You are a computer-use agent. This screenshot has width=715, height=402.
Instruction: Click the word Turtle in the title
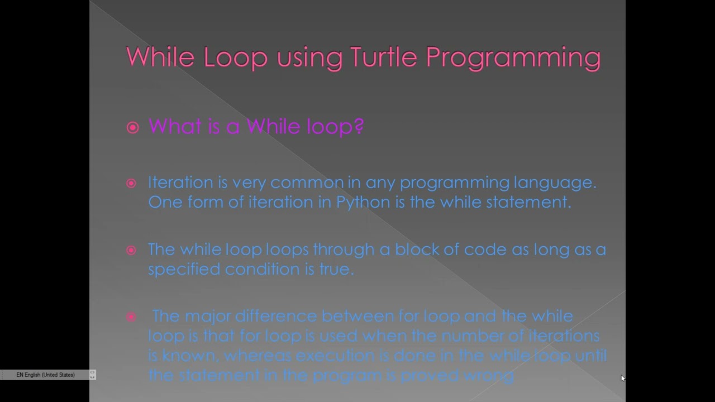click(384, 58)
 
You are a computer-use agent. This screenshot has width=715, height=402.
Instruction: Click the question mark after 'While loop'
click(359, 127)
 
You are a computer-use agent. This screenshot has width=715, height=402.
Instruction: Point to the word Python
click(363, 202)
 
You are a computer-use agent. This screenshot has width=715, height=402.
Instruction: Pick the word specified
click(184, 270)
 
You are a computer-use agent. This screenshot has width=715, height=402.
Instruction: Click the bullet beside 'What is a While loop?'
click(132, 128)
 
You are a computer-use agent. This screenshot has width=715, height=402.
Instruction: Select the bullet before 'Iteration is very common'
click(131, 183)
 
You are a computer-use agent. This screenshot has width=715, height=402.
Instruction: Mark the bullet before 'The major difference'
click(131, 317)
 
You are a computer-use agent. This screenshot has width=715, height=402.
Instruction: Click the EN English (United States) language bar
click(46, 375)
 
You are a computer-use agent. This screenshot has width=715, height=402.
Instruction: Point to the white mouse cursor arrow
click(623, 378)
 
